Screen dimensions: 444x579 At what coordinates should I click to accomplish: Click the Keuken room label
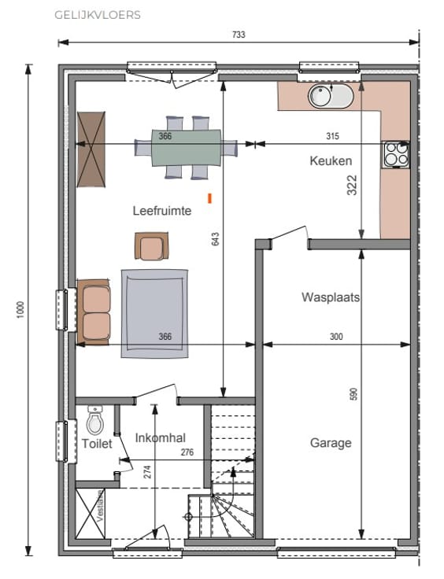pos(331,161)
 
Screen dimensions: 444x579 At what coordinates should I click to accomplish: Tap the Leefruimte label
pos(162,211)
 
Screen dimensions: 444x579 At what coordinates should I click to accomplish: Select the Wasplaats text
pos(331,297)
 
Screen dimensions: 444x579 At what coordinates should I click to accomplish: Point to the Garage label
pos(331,443)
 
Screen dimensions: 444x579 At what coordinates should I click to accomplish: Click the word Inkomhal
pos(161,438)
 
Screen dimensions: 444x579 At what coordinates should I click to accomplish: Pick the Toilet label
pos(97,444)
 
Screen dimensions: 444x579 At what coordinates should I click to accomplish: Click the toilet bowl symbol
pos(95,420)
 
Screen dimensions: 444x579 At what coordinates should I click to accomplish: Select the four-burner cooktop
pos(396,154)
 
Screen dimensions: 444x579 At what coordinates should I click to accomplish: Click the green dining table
pos(186,148)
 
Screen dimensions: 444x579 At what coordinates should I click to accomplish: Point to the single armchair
pos(151,246)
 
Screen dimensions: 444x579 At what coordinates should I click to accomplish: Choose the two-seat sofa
pos(94,312)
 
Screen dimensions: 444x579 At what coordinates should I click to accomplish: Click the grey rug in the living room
pos(154,314)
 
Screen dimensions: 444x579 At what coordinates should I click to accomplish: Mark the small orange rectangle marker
pos(210,198)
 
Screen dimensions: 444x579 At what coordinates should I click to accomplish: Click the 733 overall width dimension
pos(239,35)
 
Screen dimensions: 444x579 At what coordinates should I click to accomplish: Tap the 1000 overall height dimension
pos(20,309)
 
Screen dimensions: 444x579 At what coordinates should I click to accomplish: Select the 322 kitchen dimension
pos(352,185)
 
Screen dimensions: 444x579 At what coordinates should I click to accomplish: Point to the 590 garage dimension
pos(353,394)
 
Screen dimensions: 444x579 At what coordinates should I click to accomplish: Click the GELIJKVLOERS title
pos(98,15)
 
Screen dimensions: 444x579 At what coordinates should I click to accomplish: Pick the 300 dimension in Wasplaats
pos(336,337)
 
